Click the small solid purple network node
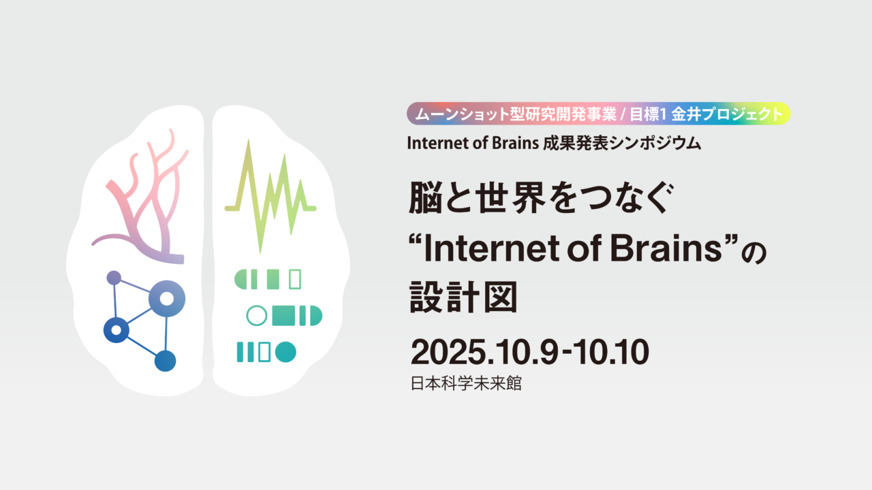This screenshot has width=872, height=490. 114,278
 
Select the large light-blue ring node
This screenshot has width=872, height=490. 167,298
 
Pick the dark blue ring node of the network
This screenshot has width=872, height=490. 116,330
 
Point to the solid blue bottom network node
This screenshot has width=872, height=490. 165,361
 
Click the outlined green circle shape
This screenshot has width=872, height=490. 256,316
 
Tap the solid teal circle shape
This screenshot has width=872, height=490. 286,352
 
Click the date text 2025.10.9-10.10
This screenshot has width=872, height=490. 529,353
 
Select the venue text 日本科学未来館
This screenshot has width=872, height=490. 465,383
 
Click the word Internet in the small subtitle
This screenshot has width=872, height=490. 433,144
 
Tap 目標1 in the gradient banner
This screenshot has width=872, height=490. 647,114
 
